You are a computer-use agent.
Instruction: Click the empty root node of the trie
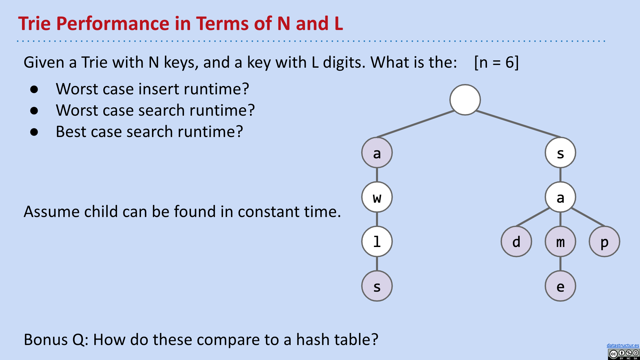coord(465,100)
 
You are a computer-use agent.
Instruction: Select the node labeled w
coord(377,197)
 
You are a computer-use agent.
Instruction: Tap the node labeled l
coord(377,242)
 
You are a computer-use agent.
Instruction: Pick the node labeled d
coord(516,242)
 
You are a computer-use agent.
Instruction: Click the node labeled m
coord(560,242)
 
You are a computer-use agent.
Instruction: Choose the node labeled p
coord(604,242)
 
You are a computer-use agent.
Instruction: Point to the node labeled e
coord(560,286)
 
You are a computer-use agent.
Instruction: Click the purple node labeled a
coord(377,153)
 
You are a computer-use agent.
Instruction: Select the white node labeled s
coord(560,153)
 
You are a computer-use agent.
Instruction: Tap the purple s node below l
coord(377,286)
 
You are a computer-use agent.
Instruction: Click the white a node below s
coord(560,197)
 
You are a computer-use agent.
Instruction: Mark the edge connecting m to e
coord(560,264)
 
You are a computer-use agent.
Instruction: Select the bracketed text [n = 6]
coord(496,62)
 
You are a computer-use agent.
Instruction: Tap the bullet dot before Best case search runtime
coord(34,132)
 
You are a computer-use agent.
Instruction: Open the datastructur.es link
coord(623,345)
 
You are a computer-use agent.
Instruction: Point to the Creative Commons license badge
coord(623,354)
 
